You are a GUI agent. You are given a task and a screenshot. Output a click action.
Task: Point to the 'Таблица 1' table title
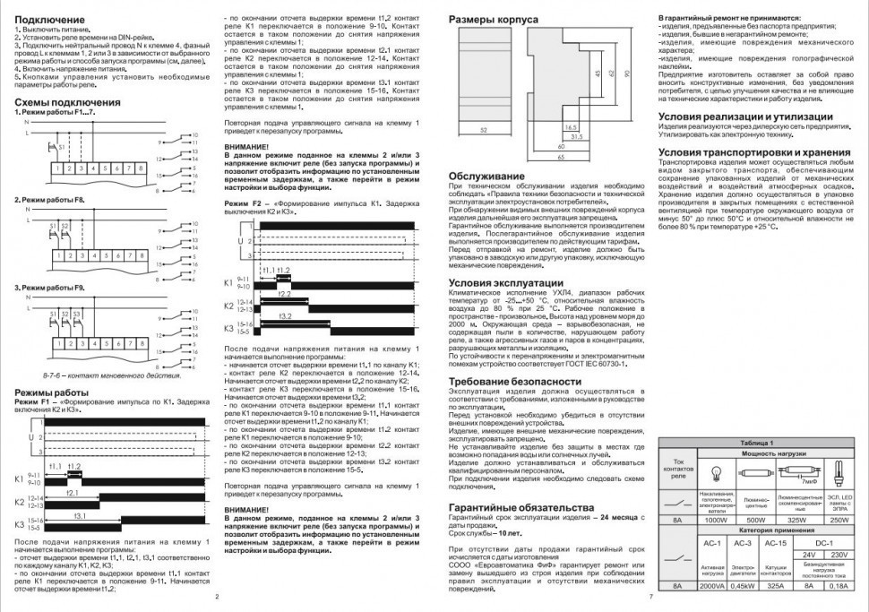(x=758, y=443)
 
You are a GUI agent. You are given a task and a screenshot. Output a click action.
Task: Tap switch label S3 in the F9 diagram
(x=78, y=311)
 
